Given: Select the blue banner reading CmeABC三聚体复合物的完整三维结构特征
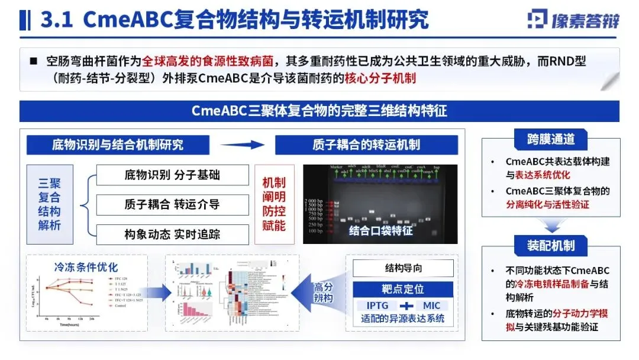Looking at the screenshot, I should coord(319,111).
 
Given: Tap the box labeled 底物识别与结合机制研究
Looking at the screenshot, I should coord(118,144).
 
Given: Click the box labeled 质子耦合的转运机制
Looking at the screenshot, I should coord(366,144).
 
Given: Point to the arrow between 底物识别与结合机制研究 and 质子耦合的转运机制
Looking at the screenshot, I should coord(243,144).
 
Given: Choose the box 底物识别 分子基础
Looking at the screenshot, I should coord(172,175).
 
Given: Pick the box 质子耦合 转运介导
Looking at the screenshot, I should coord(172,205).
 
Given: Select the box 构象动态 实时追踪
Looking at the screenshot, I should coord(172,234).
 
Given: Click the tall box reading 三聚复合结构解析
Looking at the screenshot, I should coord(50,204).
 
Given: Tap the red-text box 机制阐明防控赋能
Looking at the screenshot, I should coord(274,204).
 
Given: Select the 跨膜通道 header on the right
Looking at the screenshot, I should coord(551,140).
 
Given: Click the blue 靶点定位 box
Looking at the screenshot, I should coord(404,289).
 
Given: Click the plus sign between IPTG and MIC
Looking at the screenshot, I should coord(405,306).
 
